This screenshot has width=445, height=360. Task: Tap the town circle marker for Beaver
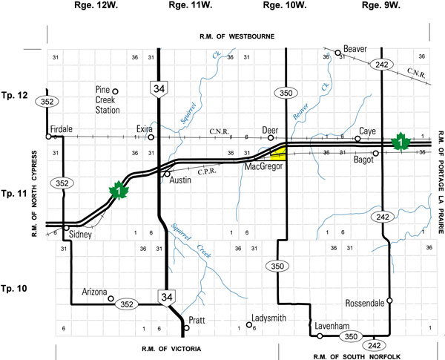[x=338, y=53]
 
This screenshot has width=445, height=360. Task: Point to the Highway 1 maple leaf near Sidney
[x=117, y=191]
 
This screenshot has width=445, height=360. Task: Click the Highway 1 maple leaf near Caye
[x=401, y=140]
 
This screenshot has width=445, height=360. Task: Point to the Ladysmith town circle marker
[x=249, y=324]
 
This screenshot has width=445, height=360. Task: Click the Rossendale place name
[x=366, y=303]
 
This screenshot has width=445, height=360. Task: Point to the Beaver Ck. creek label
[x=300, y=113]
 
